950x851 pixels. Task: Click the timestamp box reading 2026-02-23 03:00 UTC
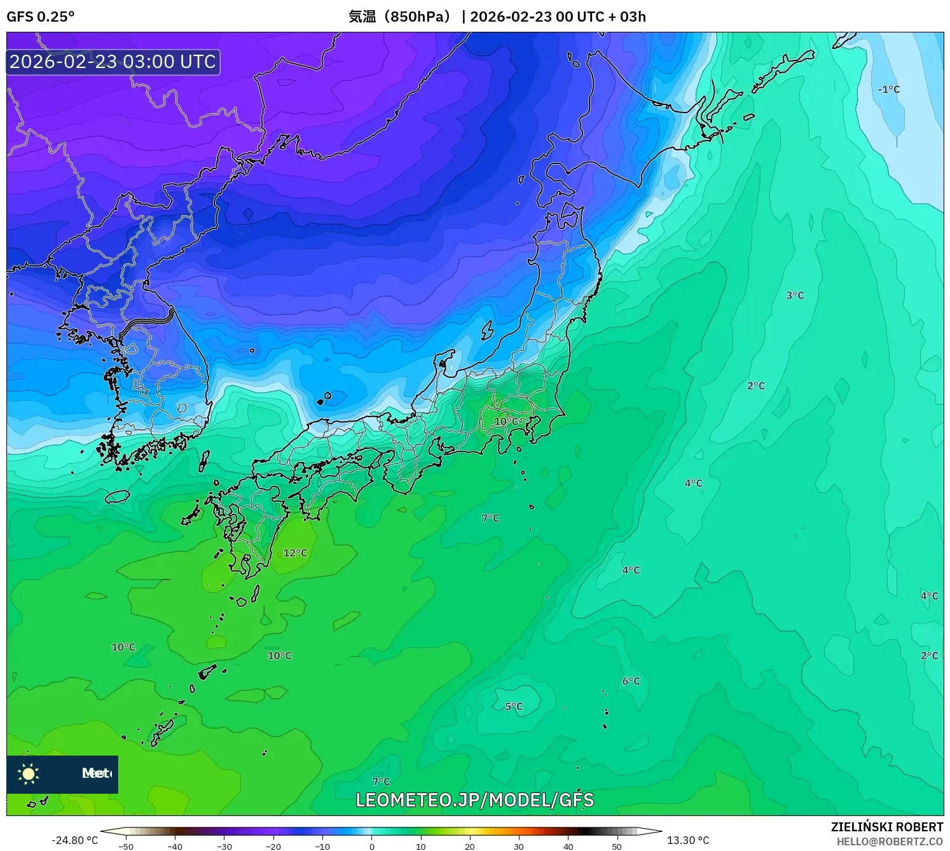click(113, 62)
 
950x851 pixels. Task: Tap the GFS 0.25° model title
click(41, 17)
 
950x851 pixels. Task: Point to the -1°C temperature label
click(889, 90)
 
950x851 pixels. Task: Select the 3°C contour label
click(795, 295)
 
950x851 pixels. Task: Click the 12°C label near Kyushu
click(295, 553)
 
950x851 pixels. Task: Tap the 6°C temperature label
click(631, 681)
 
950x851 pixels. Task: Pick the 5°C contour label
click(514, 707)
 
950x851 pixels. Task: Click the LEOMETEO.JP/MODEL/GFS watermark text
click(474, 800)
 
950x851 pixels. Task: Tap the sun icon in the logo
click(29, 774)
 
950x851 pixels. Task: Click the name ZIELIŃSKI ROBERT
click(886, 827)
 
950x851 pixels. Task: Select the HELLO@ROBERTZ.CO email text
click(890, 841)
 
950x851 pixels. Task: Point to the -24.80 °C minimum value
click(75, 840)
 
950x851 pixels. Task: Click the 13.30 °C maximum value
click(688, 840)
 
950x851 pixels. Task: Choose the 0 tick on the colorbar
click(372, 846)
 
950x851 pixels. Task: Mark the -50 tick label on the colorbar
click(126, 846)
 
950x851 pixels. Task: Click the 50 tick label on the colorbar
click(617, 846)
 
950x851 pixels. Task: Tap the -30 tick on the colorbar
click(224, 846)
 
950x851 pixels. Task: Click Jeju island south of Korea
click(118, 496)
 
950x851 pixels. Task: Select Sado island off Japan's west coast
click(487, 330)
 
